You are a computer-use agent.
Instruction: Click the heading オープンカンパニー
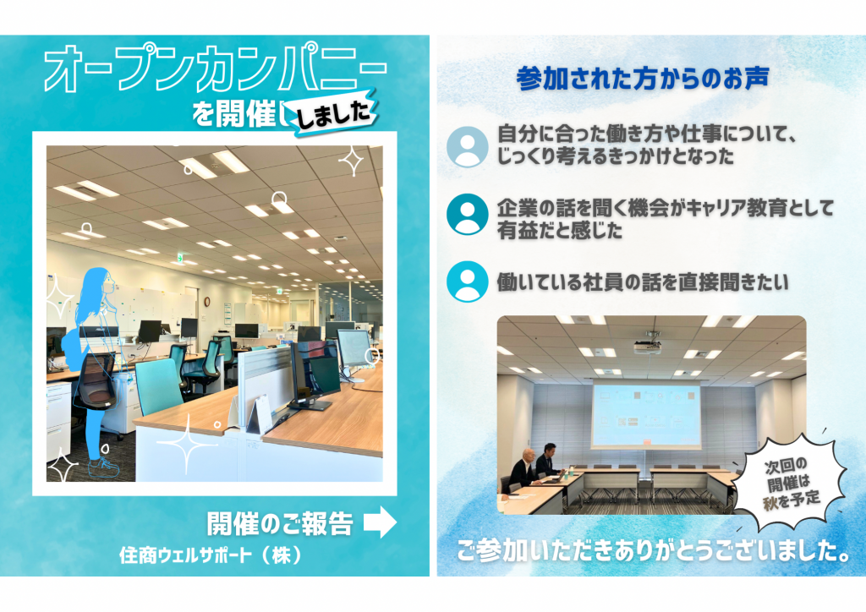(216, 68)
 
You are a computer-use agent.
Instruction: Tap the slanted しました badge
(335, 113)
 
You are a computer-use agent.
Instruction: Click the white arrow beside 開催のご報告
(380, 522)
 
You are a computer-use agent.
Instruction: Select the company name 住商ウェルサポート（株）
(210, 555)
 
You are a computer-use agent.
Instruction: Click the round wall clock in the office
(207, 301)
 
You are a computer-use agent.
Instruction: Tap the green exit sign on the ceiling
(180, 258)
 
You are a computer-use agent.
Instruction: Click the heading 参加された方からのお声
(643, 79)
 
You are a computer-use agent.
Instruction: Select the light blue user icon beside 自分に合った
(467, 147)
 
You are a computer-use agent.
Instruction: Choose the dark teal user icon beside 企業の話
(467, 214)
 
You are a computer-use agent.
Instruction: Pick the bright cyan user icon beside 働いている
(467, 281)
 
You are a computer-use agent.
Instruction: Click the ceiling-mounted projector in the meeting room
(647, 346)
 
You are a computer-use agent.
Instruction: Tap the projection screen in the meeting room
(646, 414)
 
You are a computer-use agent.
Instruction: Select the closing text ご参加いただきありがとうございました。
(654, 550)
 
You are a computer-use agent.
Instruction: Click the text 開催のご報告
(280, 523)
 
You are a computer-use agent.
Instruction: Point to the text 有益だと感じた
(560, 231)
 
